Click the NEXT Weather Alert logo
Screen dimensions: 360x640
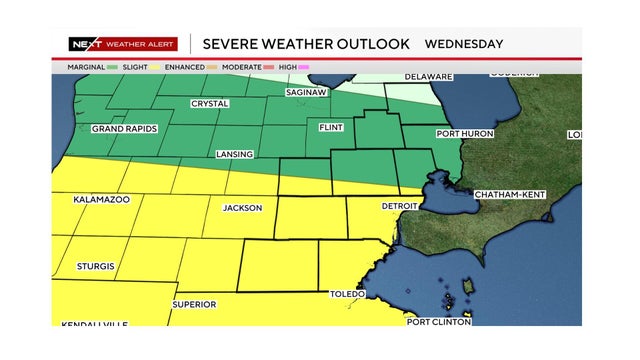(122, 44)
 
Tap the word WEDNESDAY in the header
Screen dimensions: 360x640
(464, 44)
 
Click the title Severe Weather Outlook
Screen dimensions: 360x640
(306, 44)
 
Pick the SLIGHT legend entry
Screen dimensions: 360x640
(135, 67)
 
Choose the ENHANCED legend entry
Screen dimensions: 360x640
(183, 67)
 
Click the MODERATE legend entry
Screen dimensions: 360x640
(239, 67)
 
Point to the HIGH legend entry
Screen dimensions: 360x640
(288, 67)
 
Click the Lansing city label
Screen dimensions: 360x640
(234, 155)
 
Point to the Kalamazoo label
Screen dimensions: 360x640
(102, 200)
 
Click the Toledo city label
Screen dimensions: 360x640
(347, 294)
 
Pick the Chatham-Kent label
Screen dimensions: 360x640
(507, 193)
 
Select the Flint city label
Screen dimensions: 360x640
(330, 128)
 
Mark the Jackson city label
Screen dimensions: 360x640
(242, 208)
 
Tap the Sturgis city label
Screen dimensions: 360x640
(95, 267)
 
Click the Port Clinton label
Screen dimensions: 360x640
(439, 321)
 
